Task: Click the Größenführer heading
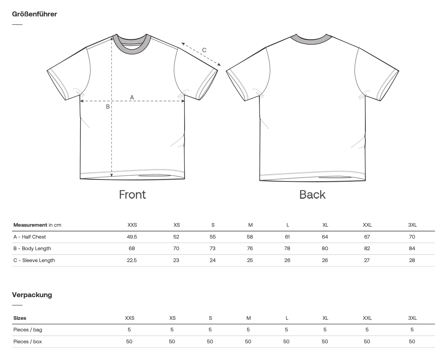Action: pyautogui.click(x=34, y=14)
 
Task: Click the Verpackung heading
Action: pyautogui.click(x=32, y=295)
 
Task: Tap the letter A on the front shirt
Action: pyautogui.click(x=132, y=97)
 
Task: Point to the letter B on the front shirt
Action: pyautogui.click(x=108, y=107)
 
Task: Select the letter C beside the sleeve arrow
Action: pyautogui.click(x=204, y=50)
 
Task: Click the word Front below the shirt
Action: pyautogui.click(x=132, y=195)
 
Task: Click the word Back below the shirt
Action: pyautogui.click(x=312, y=195)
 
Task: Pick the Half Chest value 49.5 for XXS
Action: pyautogui.click(x=132, y=237)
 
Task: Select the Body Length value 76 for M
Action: pyautogui.click(x=250, y=248)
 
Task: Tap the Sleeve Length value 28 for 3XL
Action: pyautogui.click(x=412, y=260)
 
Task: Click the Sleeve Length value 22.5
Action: pyautogui.click(x=132, y=260)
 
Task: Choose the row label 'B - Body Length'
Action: pyautogui.click(x=32, y=248)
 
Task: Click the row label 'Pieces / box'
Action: pyautogui.click(x=28, y=342)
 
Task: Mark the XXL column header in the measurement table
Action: pyautogui.click(x=367, y=225)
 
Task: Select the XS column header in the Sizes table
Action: pyautogui.click(x=173, y=318)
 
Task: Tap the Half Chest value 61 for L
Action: pyautogui.click(x=287, y=237)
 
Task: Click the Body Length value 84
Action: pyautogui.click(x=412, y=248)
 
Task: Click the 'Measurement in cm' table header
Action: pyautogui.click(x=37, y=225)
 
